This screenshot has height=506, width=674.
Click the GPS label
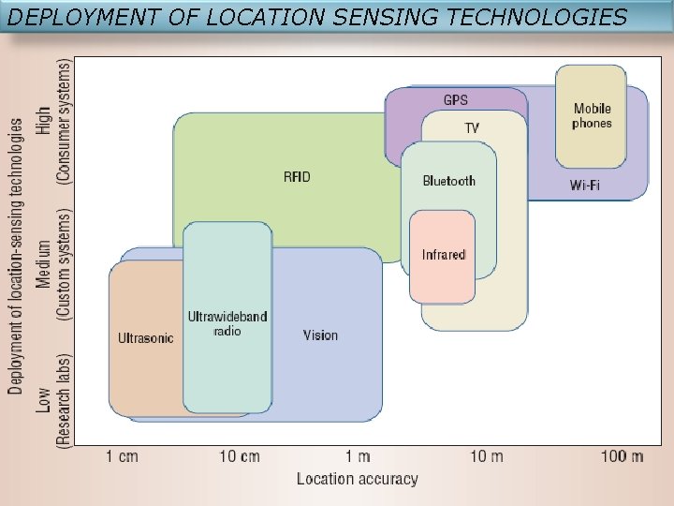(x=455, y=100)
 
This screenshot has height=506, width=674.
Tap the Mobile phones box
(x=591, y=116)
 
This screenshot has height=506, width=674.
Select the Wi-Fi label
(x=585, y=185)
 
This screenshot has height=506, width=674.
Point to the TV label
(x=472, y=127)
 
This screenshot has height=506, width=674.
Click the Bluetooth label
(x=448, y=181)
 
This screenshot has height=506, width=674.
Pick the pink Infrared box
(x=443, y=255)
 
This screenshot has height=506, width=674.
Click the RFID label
(x=297, y=176)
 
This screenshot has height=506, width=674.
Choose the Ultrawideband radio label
(x=227, y=323)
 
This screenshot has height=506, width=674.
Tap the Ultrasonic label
(x=145, y=338)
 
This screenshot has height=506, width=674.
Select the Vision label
(x=320, y=335)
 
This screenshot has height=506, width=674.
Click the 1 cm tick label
(x=122, y=456)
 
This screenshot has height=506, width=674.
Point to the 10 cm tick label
(x=240, y=456)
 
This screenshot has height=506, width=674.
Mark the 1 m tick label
(x=357, y=456)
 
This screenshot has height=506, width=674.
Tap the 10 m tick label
(x=486, y=456)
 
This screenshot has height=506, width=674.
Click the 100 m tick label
(x=623, y=456)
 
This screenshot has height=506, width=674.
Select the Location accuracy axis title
(x=357, y=479)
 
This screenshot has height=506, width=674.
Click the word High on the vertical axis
(x=43, y=120)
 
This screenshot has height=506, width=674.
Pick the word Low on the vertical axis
(x=43, y=400)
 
